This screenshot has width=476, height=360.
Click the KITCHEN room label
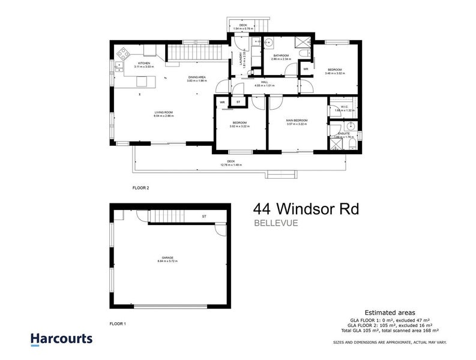[x=144, y=64]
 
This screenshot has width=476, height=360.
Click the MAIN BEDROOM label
[x=297, y=122]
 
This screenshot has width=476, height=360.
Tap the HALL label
[x=264, y=83]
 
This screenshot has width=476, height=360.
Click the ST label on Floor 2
[x=238, y=102]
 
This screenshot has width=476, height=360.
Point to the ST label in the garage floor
[x=203, y=216]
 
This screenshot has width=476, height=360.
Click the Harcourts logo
[x=61, y=338]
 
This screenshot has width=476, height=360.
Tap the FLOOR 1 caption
[x=117, y=324]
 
